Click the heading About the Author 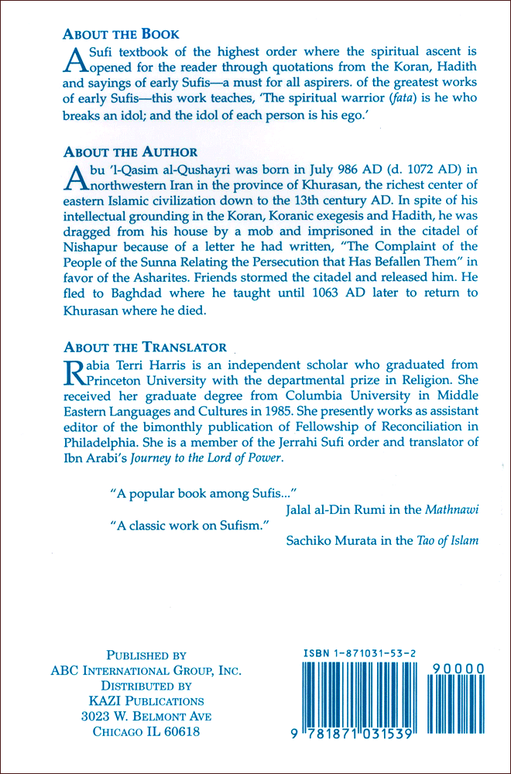(130, 152)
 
